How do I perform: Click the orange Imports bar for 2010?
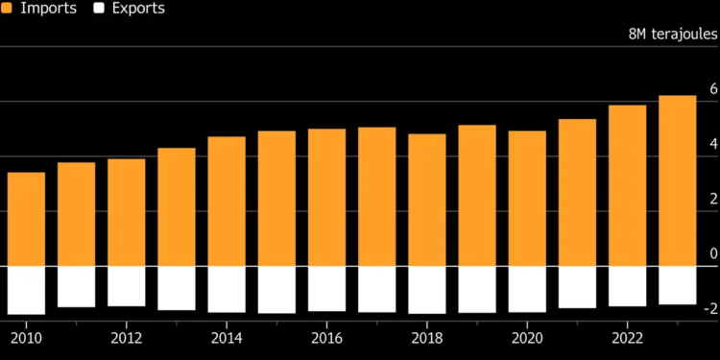[x=27, y=219]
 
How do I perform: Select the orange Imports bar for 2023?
[x=678, y=180]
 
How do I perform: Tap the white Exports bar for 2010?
[x=27, y=290]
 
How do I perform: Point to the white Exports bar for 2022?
[x=628, y=286]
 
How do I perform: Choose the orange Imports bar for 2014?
[x=227, y=202]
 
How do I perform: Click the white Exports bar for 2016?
[x=327, y=289]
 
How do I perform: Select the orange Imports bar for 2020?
[x=527, y=199]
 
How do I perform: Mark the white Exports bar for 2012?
[x=127, y=286]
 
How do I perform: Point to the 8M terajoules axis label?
[x=672, y=34]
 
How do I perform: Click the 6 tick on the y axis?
[x=712, y=89]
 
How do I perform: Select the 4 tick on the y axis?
[x=712, y=144]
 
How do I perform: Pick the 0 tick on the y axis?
[x=712, y=253]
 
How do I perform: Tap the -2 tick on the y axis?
[x=709, y=308]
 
